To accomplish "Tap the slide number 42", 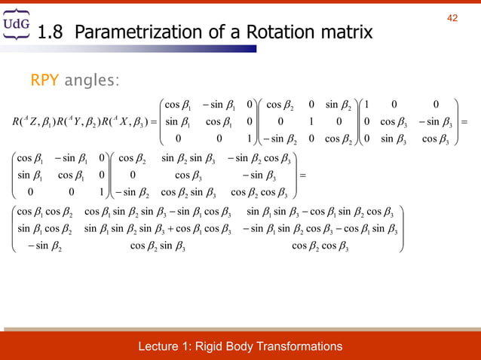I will (x=452, y=18).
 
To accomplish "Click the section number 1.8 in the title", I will (x=51, y=33).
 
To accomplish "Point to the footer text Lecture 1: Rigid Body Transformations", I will (x=240, y=346).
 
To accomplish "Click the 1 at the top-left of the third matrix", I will (x=365, y=105).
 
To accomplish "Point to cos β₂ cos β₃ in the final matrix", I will (x=321, y=245).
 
